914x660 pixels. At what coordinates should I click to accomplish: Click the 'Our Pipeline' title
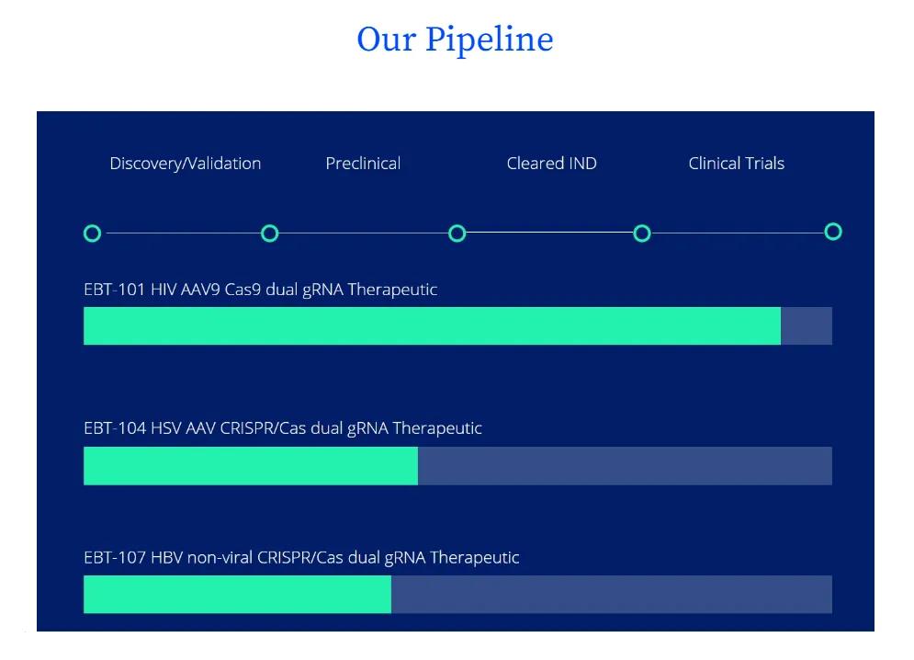point(455,40)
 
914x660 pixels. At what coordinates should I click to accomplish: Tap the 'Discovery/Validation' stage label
point(186,164)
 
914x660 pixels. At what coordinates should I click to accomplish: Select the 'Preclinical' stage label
point(363,164)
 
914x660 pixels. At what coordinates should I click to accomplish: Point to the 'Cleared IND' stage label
point(551,164)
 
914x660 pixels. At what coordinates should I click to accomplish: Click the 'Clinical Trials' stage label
point(736,164)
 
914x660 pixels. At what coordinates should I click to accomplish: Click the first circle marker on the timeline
point(85,233)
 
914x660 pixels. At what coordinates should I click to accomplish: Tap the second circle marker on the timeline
point(263,233)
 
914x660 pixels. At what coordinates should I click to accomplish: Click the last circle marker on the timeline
point(827,232)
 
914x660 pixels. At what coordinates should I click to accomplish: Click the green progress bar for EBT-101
point(432,325)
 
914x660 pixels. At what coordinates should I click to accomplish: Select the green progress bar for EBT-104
point(251,466)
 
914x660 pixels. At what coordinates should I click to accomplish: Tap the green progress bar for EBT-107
point(237,594)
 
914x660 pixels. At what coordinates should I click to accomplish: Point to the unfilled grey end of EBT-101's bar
point(807,325)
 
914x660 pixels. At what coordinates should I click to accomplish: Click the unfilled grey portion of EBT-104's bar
point(625,466)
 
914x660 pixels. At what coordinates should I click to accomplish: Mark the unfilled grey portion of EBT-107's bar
point(612,594)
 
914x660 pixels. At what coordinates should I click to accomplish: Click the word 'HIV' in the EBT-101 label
point(164,290)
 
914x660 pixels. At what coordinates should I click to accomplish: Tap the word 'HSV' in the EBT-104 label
point(165,428)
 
